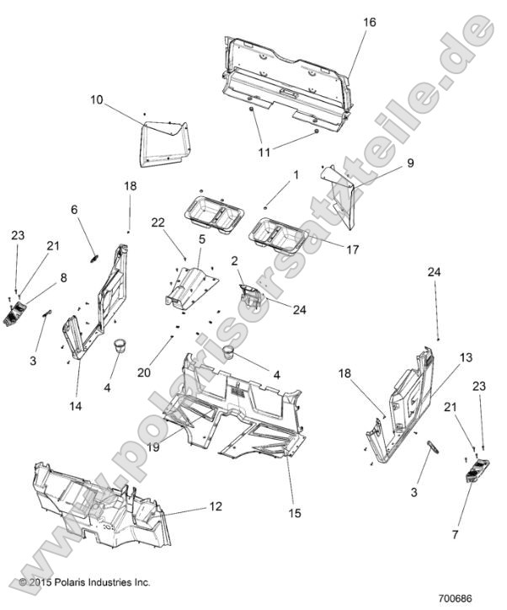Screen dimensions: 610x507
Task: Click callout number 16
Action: (369, 22)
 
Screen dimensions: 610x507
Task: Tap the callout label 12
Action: (216, 508)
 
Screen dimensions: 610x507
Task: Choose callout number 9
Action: (387, 163)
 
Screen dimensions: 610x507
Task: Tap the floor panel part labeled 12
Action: (101, 506)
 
